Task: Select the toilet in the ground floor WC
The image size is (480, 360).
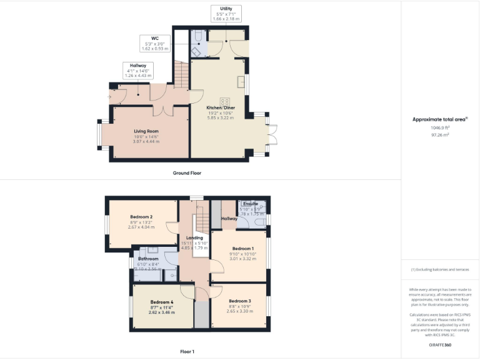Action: coord(197,37)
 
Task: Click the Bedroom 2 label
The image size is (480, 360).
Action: coord(141,217)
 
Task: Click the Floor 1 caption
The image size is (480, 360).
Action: coord(186,352)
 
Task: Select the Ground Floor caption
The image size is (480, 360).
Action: coord(187,172)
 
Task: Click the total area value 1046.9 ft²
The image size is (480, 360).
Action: coord(439,127)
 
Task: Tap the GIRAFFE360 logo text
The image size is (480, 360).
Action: coord(440,345)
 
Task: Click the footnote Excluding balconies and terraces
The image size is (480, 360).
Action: coord(440,269)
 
